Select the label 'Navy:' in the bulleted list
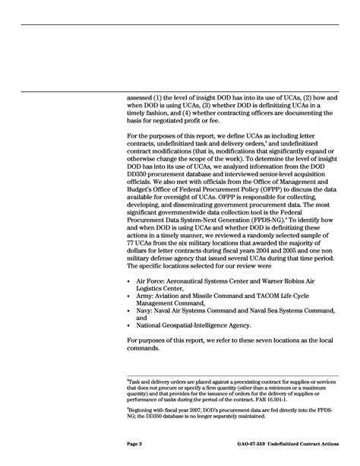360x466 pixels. click(147, 331)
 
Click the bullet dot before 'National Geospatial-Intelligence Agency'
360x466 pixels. click(130, 346)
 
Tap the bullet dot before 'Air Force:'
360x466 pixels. click(130, 302)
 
